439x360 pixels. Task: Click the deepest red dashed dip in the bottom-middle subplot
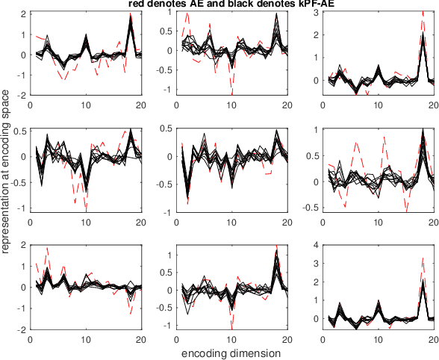pyautogui.click(x=231, y=329)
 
